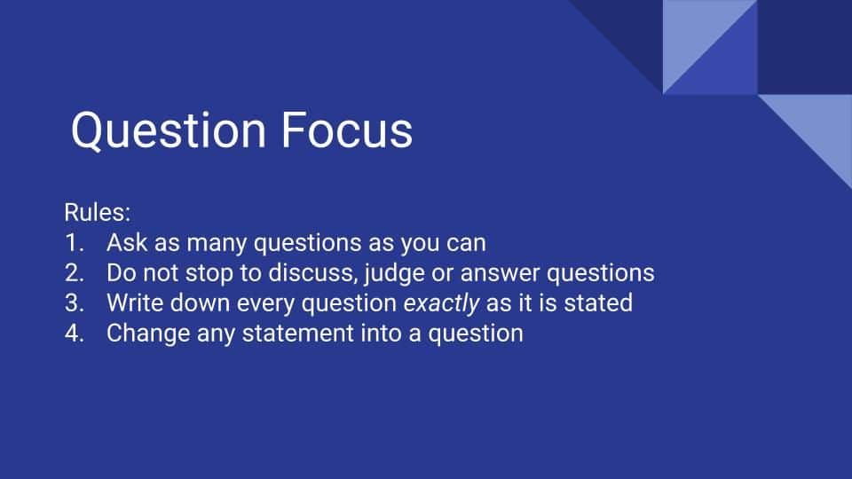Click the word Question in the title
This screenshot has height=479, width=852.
coord(169,130)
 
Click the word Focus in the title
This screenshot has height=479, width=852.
coord(347,130)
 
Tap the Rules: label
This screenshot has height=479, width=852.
coord(98,212)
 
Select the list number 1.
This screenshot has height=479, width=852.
coord(74,243)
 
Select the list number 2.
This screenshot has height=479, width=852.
coord(74,273)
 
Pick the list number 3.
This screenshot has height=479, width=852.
coord(74,303)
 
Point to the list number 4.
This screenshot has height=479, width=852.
coord(74,334)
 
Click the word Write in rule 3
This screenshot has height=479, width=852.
coord(135,303)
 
